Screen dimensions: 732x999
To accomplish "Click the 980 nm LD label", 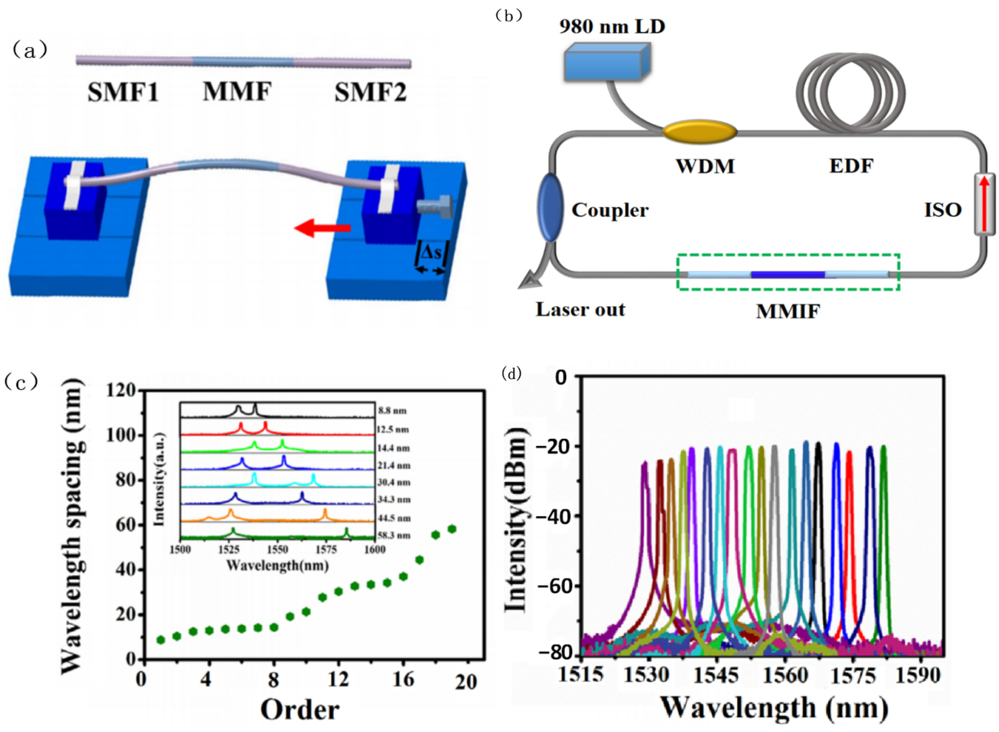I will [x=612, y=27].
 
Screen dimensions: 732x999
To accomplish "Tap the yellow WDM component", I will [x=699, y=132].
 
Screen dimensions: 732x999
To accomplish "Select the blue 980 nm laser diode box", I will [x=606, y=62].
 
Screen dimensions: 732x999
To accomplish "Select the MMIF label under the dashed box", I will [x=787, y=312].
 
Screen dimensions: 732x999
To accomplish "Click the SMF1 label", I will [x=123, y=93].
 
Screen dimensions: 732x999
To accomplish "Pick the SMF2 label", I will [x=370, y=93].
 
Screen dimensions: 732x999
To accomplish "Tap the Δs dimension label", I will [x=431, y=253].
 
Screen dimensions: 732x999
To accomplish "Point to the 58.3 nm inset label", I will [x=394, y=535].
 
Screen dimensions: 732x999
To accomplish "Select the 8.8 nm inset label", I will [x=392, y=411].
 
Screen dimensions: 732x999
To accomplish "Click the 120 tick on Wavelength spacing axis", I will [x=121, y=391].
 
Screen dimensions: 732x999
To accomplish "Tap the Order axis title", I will [x=300, y=710].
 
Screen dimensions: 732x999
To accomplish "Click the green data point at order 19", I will [x=452, y=529].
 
